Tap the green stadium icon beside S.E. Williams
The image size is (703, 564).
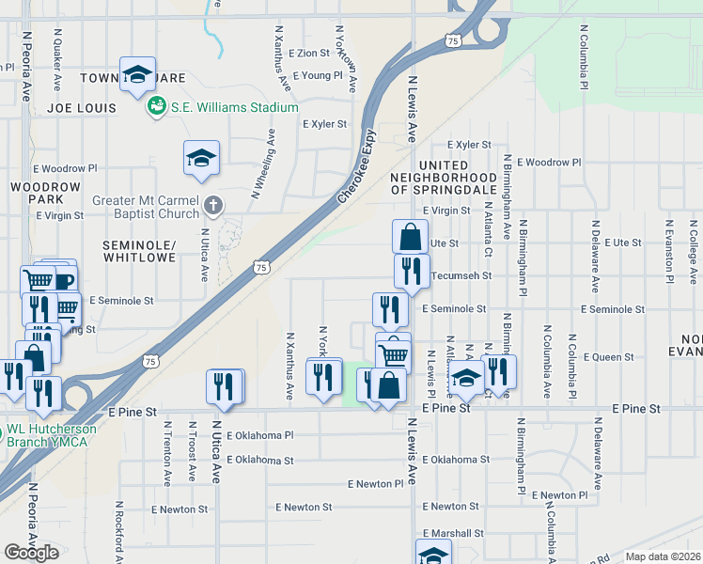click(x=156, y=106)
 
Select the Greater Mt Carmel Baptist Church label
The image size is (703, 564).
click(x=146, y=207)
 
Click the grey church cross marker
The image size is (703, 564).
click(x=213, y=204)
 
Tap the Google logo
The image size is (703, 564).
click(x=31, y=552)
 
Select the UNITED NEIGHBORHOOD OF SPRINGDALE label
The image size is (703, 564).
click(x=444, y=177)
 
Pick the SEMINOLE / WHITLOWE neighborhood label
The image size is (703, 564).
click(x=139, y=250)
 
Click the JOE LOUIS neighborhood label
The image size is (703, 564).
click(x=82, y=108)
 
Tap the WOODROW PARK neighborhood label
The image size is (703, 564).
click(x=39, y=193)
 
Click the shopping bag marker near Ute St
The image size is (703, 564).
click(x=410, y=237)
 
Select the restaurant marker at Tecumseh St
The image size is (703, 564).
click(x=412, y=271)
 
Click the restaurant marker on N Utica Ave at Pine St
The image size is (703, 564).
click(x=225, y=385)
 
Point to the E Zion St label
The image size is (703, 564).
click(x=310, y=55)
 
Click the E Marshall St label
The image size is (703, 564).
click(x=452, y=533)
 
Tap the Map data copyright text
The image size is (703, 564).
click(x=663, y=556)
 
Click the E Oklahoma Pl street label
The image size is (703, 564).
click(x=262, y=435)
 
